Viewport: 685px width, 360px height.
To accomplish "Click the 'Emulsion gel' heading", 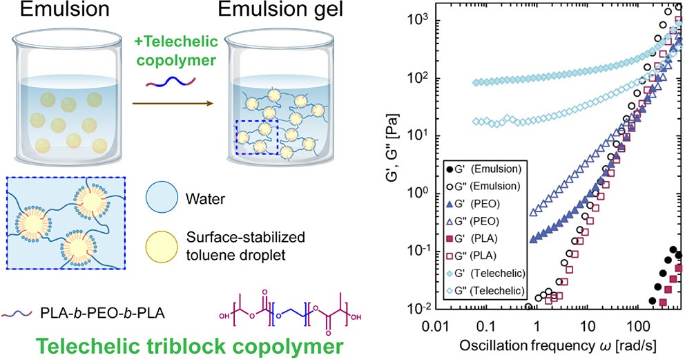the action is [x=280, y=10].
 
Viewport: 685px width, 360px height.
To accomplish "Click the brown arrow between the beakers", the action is [x=173, y=104].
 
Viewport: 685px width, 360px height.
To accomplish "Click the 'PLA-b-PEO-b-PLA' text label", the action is [x=102, y=313].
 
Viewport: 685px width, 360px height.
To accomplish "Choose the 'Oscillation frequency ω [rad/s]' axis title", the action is [x=558, y=345].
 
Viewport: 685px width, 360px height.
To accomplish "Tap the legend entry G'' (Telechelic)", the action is [x=485, y=290].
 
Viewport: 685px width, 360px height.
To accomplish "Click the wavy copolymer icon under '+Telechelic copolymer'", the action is [x=171, y=82].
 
